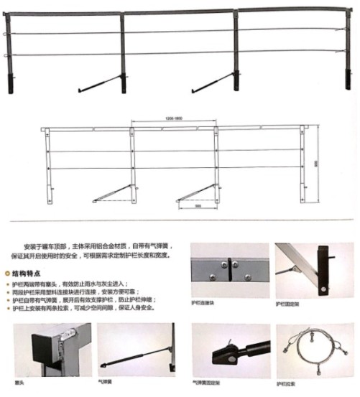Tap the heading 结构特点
point(28,274)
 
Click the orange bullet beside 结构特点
point(8,274)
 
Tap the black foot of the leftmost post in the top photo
point(11,83)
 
